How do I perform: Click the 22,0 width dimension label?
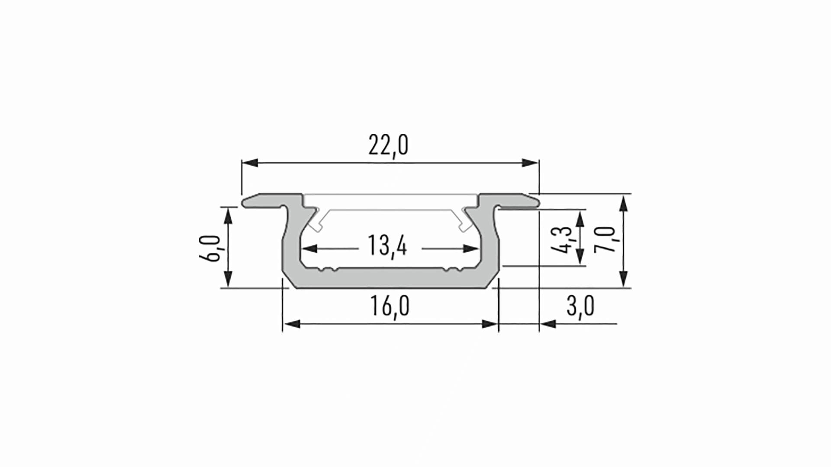click(388, 146)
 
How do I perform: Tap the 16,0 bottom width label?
click(390, 306)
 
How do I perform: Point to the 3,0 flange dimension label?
click(580, 306)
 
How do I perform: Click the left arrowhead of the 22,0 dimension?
click(250, 163)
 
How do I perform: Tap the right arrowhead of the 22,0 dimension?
click(530, 163)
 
